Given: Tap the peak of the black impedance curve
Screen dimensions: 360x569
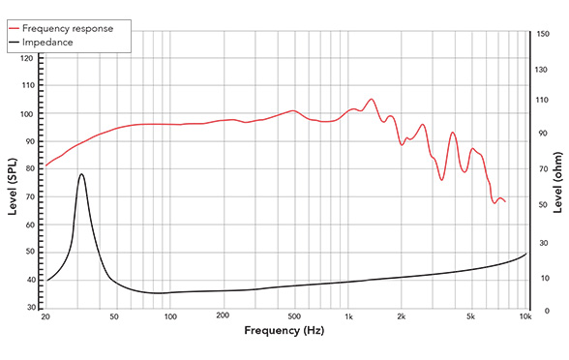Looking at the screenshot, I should (x=81, y=174).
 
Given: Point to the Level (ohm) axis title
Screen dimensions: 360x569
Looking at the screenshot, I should (x=558, y=172).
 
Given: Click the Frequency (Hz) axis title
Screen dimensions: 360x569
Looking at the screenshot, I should (x=284, y=331).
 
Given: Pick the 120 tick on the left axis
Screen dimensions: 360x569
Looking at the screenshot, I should (x=27, y=58).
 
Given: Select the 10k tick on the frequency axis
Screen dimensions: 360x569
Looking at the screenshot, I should (x=525, y=315).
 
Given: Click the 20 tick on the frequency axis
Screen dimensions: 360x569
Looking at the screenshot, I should (x=45, y=315).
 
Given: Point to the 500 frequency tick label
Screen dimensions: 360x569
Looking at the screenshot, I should (x=293, y=315).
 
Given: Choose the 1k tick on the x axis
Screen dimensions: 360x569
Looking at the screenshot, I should (x=348, y=315).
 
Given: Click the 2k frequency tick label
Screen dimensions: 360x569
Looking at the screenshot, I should (x=402, y=315).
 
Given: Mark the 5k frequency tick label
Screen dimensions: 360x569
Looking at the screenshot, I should (x=471, y=315).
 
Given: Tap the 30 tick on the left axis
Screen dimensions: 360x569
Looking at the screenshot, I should (x=29, y=307).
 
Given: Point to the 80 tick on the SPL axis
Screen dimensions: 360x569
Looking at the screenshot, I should (x=29, y=168).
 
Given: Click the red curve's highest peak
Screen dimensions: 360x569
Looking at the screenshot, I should (x=371, y=99).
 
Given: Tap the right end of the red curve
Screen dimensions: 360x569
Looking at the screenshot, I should (x=505, y=201).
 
